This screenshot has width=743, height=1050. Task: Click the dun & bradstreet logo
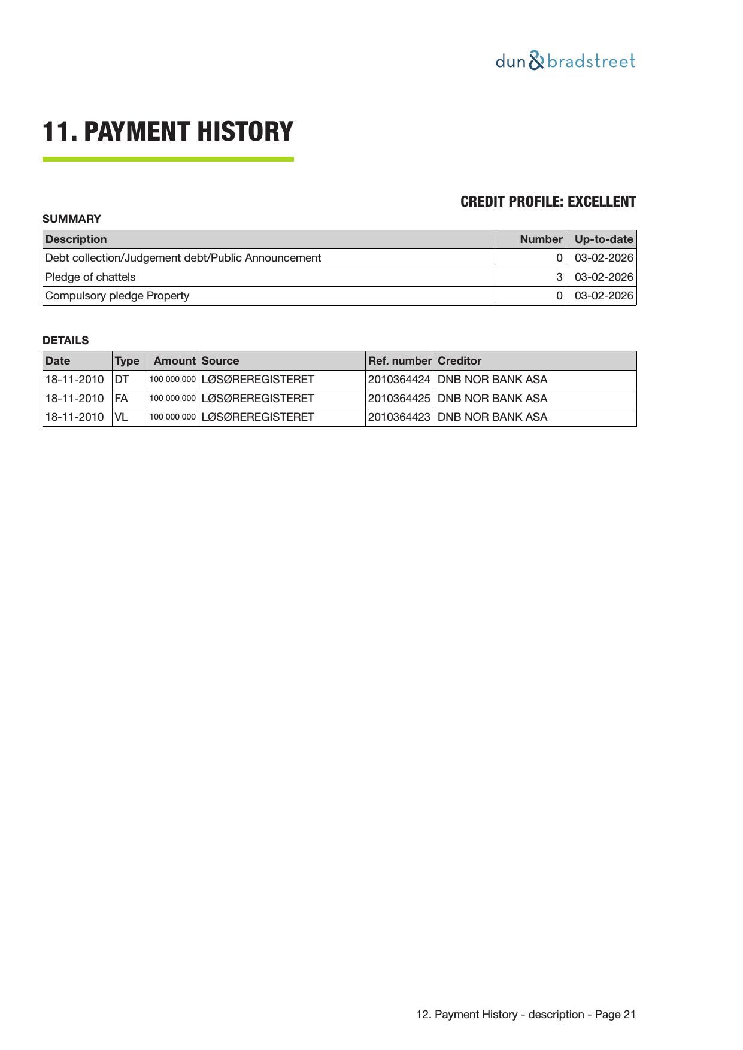click(x=565, y=61)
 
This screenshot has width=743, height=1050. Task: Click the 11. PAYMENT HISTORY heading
click(x=168, y=132)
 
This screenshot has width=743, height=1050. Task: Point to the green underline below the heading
click(x=168, y=159)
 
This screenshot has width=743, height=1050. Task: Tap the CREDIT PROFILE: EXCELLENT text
click(x=548, y=202)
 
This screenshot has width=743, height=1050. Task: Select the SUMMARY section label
click(x=72, y=219)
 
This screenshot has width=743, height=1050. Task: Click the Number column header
click(x=541, y=239)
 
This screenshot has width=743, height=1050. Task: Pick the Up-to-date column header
click(x=604, y=239)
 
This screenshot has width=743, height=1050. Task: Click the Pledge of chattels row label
click(x=90, y=277)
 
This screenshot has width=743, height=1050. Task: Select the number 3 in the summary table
click(x=559, y=277)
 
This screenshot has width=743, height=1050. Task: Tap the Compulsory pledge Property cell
click(x=117, y=296)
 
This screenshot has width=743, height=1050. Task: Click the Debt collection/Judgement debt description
click(x=183, y=258)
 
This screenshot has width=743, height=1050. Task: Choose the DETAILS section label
click(x=65, y=341)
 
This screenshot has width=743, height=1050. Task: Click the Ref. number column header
click(x=399, y=361)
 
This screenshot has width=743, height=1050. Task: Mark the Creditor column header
click(x=459, y=361)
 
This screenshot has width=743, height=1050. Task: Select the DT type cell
click(x=122, y=380)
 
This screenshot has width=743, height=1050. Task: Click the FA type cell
click(x=121, y=399)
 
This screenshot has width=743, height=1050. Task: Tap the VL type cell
click(x=121, y=417)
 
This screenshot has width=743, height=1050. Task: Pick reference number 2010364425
click(x=399, y=399)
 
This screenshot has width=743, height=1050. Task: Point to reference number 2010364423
click(x=399, y=417)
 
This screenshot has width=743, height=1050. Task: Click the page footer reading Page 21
click(x=526, y=1015)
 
